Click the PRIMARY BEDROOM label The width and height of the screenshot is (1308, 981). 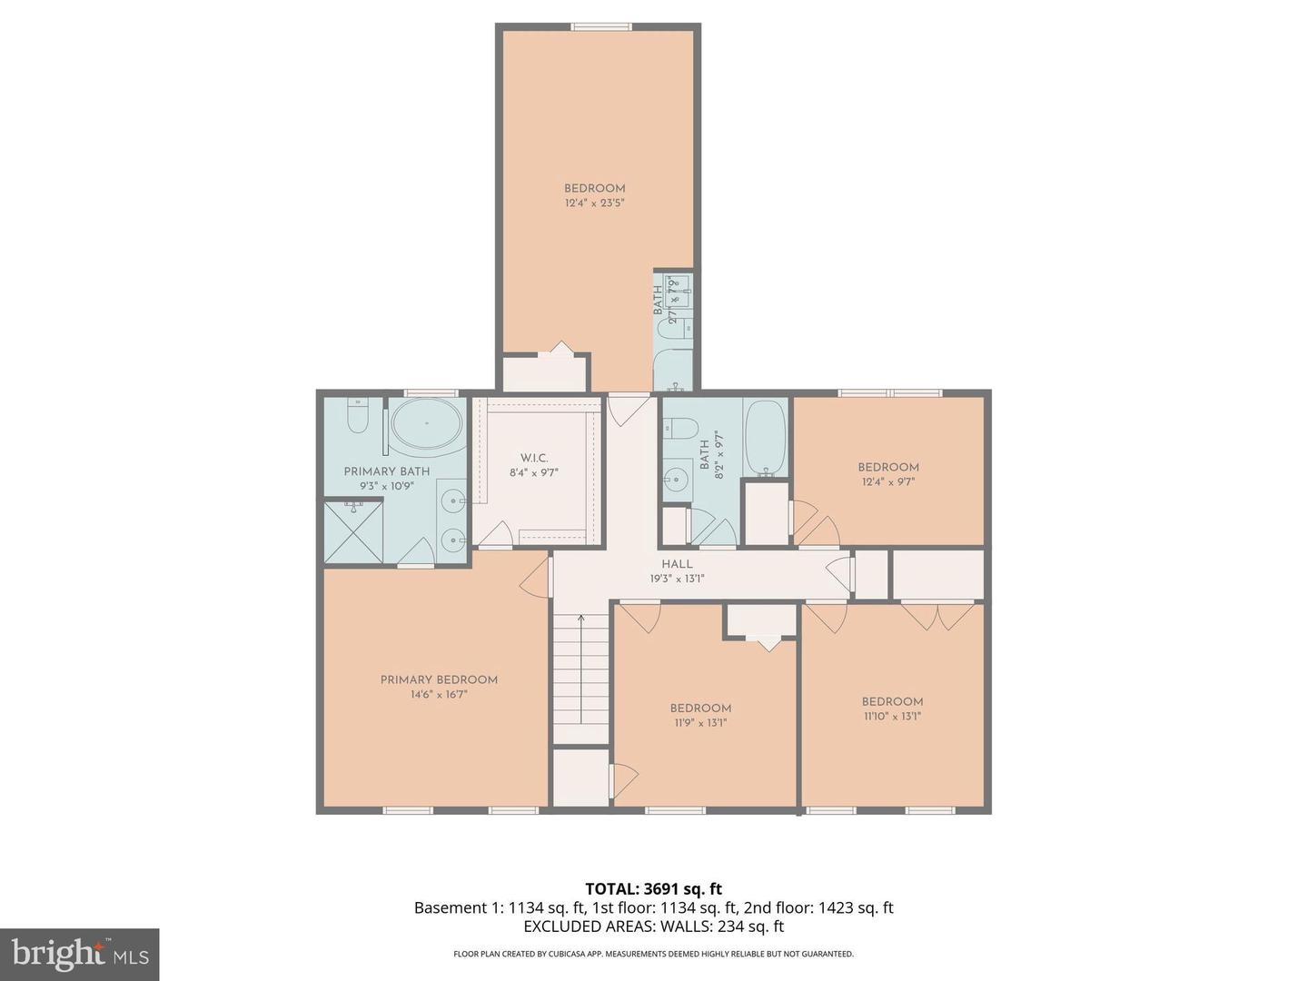click(x=439, y=679)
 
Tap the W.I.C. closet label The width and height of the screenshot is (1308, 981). click(x=534, y=458)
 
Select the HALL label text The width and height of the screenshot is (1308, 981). click(x=677, y=564)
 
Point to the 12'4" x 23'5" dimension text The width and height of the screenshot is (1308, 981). click(x=594, y=203)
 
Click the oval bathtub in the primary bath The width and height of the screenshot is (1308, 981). click(x=426, y=424)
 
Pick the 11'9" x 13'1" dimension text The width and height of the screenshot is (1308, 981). click(x=700, y=723)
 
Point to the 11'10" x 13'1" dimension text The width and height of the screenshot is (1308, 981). click(x=892, y=716)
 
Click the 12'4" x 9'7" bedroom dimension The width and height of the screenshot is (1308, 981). click(x=888, y=482)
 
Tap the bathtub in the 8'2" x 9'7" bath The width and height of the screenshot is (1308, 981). click(x=767, y=438)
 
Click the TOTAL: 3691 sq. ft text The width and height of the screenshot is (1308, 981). click(x=653, y=889)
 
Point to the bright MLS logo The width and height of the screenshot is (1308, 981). click(x=80, y=954)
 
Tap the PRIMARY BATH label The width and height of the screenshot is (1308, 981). click(x=386, y=471)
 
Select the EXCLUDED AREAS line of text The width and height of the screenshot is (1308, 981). click(x=653, y=926)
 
